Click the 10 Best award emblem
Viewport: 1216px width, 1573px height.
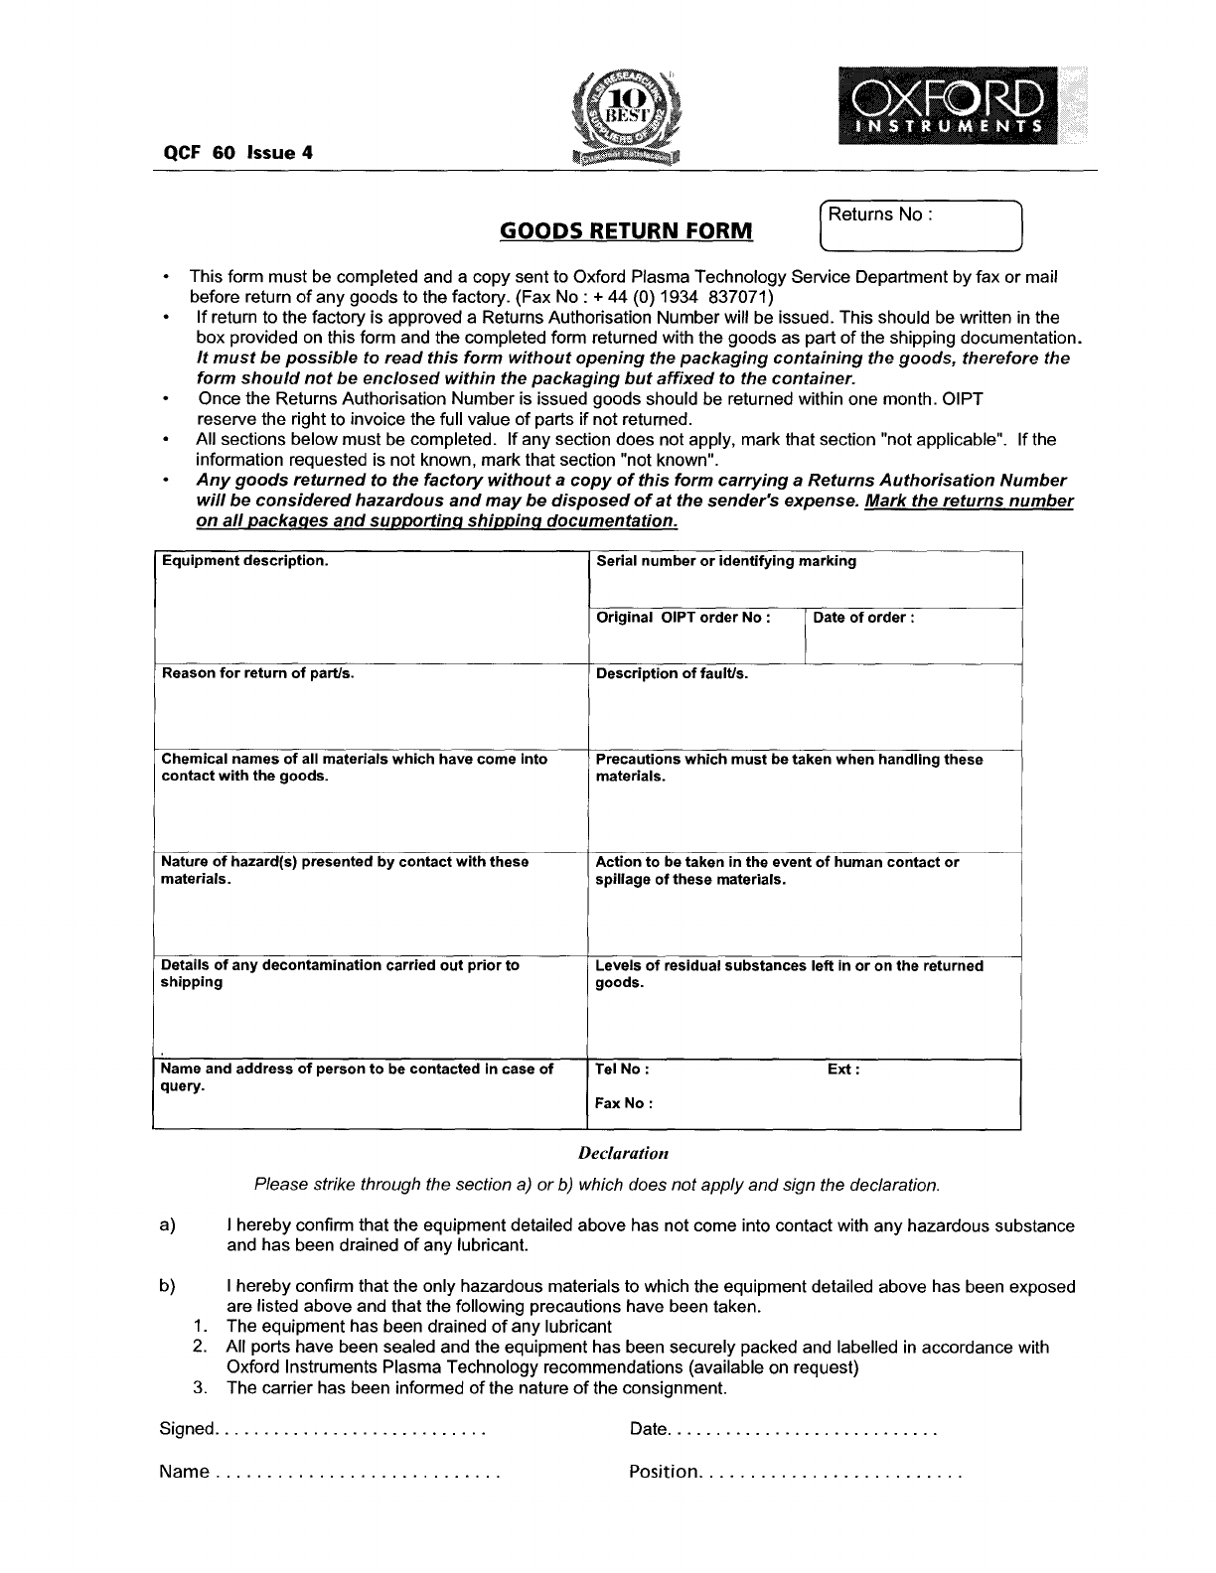click(x=626, y=117)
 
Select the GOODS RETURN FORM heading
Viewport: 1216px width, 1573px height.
click(x=626, y=231)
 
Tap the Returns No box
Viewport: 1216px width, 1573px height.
click(x=919, y=225)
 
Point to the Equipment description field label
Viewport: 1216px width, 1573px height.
click(x=244, y=561)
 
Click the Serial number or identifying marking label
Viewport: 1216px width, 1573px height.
click(x=725, y=561)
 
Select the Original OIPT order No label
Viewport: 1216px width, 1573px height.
click(x=683, y=618)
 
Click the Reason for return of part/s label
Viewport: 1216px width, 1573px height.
click(x=257, y=673)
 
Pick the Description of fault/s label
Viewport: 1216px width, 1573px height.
click(x=672, y=673)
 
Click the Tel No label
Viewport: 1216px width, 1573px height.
click(x=622, y=1070)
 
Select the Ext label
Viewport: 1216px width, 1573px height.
click(x=842, y=1070)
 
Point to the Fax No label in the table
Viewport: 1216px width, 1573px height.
click(x=623, y=1103)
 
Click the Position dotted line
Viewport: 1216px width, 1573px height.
click(x=833, y=1472)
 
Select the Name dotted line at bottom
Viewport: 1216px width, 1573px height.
click(x=356, y=1472)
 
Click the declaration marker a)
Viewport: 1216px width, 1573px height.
click(x=167, y=1225)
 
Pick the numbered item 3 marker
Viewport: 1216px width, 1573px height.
click(x=200, y=1387)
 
